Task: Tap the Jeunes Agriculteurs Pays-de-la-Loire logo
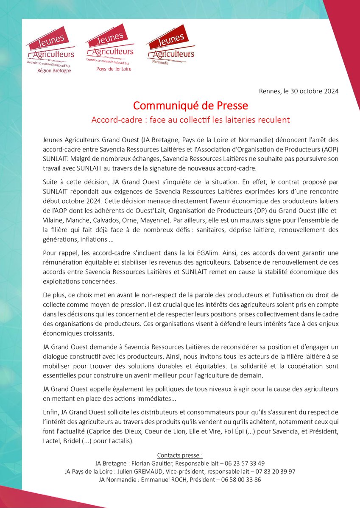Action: (x=109, y=47)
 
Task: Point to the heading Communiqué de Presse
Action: (x=190, y=105)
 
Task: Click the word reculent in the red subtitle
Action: (x=272, y=120)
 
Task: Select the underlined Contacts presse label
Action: (x=180, y=456)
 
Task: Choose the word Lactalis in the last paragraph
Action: (x=120, y=442)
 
